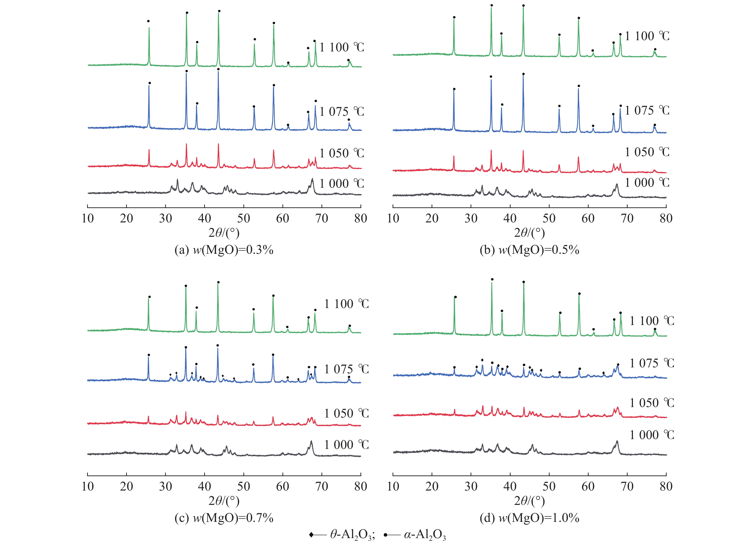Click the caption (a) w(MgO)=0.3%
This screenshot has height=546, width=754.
click(224, 250)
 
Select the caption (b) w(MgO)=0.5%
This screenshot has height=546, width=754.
click(529, 250)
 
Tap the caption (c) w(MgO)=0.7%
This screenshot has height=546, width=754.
click(224, 518)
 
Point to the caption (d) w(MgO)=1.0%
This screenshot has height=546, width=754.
click(529, 518)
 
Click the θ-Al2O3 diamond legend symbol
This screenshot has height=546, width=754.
click(311, 535)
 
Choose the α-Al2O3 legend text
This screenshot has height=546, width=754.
click(425, 535)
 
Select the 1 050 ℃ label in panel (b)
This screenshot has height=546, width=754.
click(647, 152)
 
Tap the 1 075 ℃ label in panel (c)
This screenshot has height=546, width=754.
click(346, 369)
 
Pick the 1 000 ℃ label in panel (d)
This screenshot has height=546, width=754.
click(652, 435)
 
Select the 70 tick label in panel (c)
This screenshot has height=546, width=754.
click(321, 486)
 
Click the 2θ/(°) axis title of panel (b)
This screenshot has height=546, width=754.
click(529, 232)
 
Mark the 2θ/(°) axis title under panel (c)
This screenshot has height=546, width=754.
click(224, 501)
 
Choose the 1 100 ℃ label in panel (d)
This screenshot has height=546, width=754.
click(652, 321)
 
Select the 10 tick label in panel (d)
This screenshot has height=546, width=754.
click(393, 486)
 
